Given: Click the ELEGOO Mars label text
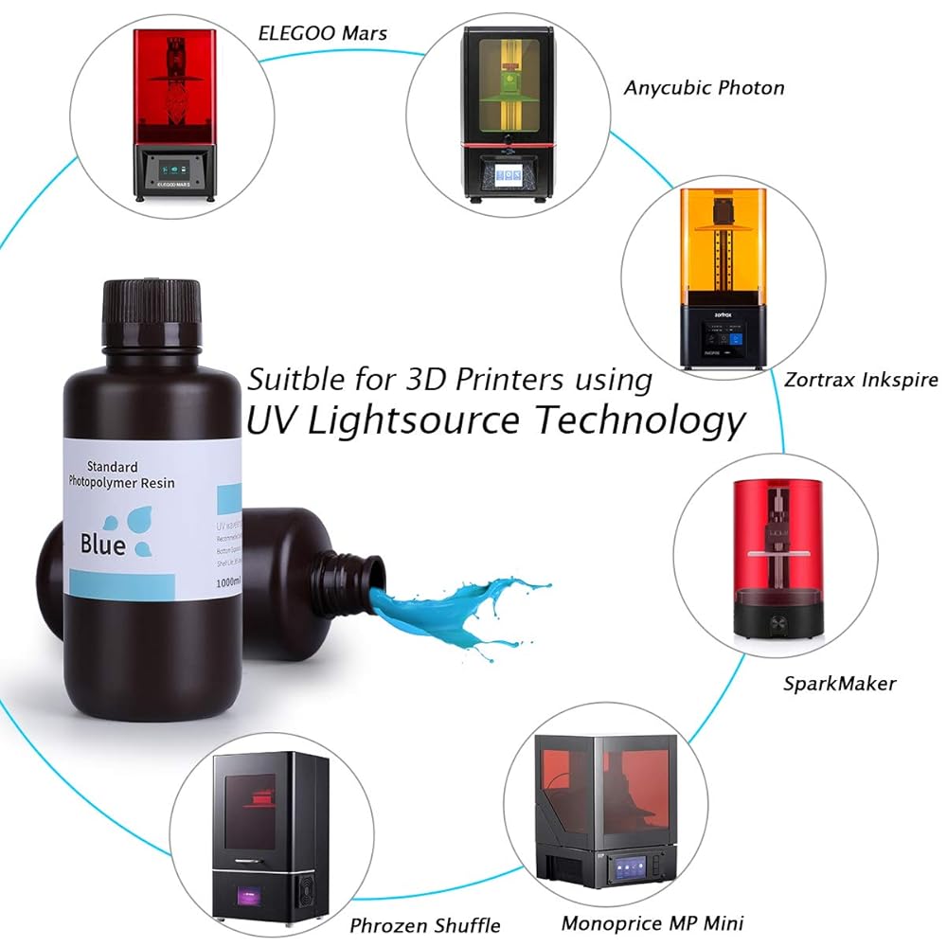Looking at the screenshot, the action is coord(322,33).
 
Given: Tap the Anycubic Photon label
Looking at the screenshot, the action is coord(704,88).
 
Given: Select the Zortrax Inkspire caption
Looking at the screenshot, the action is coord(861,380).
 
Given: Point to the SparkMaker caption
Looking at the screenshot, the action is coord(839,683).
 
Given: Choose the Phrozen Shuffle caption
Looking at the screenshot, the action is coord(425,925).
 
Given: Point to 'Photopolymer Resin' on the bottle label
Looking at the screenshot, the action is coord(120,483).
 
